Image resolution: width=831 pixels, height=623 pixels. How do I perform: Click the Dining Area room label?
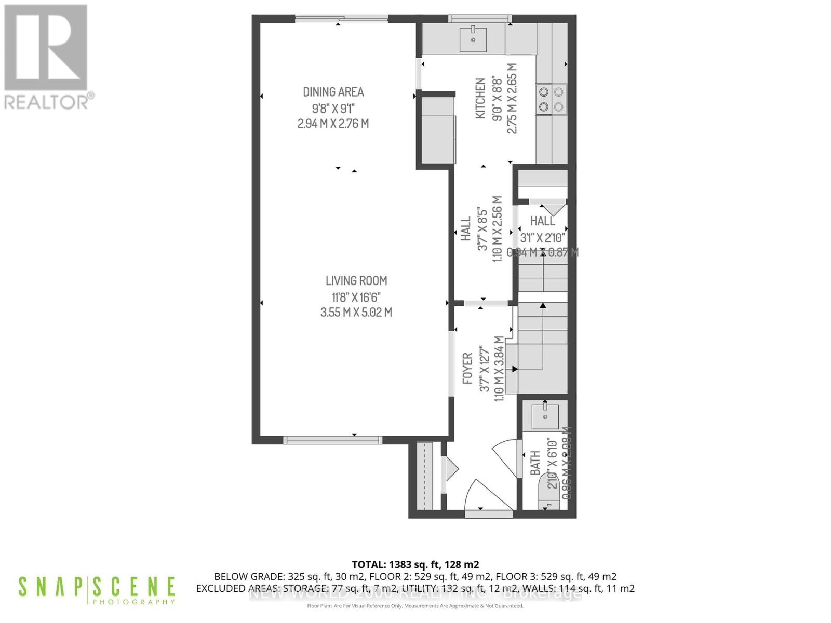[x=333, y=92]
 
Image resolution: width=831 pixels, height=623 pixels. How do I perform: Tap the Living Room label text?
[x=356, y=281]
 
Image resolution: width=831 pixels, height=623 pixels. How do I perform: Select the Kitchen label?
[x=480, y=98]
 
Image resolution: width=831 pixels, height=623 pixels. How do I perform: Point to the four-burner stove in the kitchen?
[x=551, y=100]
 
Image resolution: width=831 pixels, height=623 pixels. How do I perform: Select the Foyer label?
[x=467, y=368]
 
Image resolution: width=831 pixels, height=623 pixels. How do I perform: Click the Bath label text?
[x=535, y=463]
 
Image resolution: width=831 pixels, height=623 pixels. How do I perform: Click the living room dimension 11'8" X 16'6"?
[x=356, y=297]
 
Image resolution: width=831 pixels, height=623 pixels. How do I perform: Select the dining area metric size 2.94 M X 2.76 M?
[x=333, y=124]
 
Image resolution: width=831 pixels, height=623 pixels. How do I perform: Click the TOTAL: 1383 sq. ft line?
[x=415, y=564]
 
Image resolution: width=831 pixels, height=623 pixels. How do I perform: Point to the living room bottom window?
[x=332, y=440]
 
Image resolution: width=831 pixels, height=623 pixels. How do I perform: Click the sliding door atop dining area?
[x=341, y=19]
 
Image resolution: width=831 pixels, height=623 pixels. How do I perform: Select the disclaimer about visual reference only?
[x=415, y=606]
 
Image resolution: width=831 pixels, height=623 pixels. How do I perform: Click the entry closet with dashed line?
[x=425, y=476]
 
